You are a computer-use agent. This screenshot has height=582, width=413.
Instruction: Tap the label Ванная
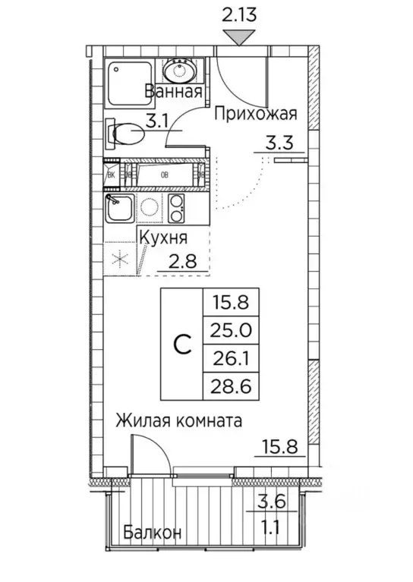point(174,93)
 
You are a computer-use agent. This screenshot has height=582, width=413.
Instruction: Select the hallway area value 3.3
point(279,141)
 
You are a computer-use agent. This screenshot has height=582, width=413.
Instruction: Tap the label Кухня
point(166,238)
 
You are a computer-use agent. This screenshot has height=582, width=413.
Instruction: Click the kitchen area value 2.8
point(184,262)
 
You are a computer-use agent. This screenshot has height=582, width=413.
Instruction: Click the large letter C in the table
point(182,345)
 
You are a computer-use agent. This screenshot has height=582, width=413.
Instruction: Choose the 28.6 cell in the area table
point(232,386)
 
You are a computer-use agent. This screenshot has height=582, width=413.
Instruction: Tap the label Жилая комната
point(179,421)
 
